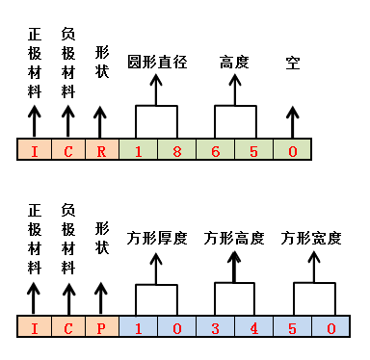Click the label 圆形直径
click(156, 63)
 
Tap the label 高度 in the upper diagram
click(234, 63)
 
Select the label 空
click(293, 63)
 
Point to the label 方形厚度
click(156, 238)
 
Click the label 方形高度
click(234, 238)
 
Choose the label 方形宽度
click(312, 238)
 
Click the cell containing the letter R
click(100, 151)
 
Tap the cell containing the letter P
click(100, 328)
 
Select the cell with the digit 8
click(176, 151)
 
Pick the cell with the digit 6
click(215, 151)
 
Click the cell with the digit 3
click(215, 328)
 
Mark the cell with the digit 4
click(253, 328)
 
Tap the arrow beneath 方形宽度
click(312, 268)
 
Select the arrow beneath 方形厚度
click(156, 268)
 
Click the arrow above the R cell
click(100, 121)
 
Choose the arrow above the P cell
click(100, 298)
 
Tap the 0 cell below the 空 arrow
click(293, 151)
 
